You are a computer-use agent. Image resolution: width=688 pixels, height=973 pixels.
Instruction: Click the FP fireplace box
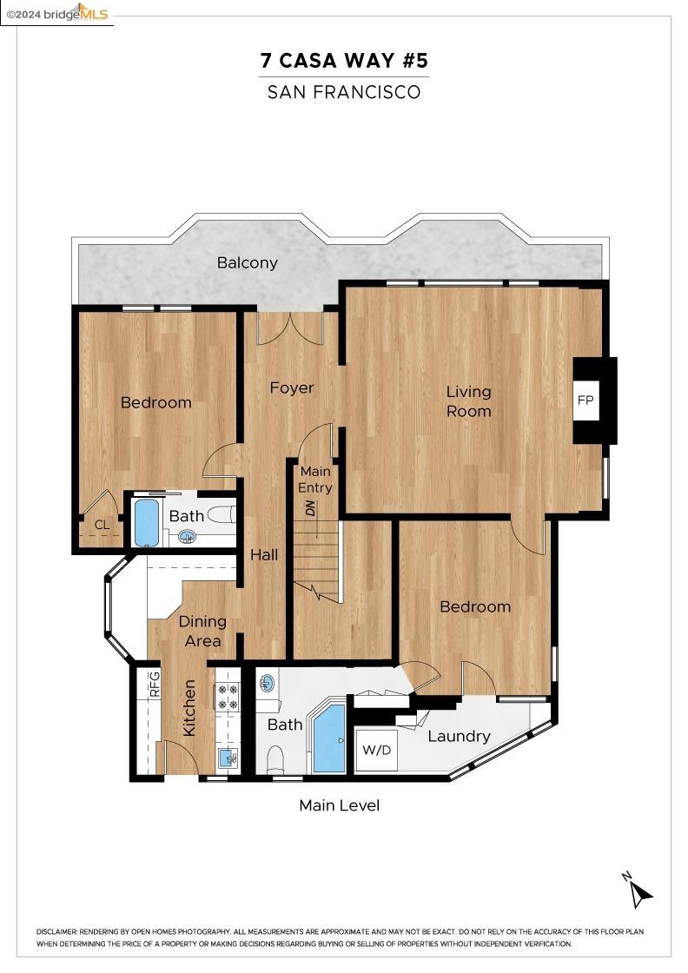point(585,400)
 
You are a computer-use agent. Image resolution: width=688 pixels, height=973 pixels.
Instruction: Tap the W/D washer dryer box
point(377,750)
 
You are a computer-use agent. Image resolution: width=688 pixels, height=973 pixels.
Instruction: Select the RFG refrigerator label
point(155,684)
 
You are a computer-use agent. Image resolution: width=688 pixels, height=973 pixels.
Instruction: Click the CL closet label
point(102,525)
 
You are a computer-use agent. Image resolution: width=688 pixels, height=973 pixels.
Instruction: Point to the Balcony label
point(247,262)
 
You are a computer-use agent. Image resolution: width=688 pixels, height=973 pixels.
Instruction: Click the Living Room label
point(468,401)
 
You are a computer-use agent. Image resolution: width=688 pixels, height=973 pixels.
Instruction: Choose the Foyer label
point(291,387)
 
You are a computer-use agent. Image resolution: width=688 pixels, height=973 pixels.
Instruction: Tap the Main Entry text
point(314,480)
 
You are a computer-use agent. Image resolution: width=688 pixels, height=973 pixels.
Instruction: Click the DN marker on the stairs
point(308,509)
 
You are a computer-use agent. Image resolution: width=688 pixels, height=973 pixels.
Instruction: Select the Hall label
point(264,554)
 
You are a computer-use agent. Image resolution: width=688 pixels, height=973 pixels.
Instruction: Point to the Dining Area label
point(202,631)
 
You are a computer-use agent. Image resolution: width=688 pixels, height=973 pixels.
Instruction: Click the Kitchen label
point(189,708)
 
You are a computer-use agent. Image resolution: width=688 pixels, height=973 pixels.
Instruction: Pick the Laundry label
point(459,737)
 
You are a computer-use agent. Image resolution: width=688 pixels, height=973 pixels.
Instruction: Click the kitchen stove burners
point(228,696)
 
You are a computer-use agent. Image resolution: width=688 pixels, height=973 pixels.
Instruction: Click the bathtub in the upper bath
point(147,522)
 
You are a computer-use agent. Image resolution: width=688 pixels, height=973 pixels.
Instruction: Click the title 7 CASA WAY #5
point(344,61)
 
